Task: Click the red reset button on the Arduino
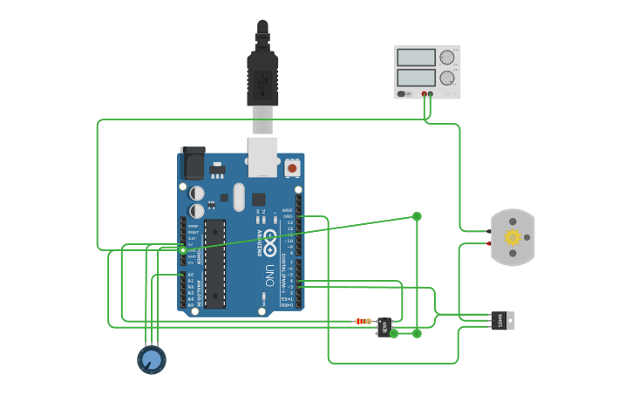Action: tap(292, 167)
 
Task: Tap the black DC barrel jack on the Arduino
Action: tap(192, 163)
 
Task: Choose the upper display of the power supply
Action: tap(416, 58)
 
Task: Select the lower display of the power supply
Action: tap(416, 77)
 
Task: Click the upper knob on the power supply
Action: tap(447, 58)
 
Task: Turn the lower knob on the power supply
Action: tap(447, 77)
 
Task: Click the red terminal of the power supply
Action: tap(425, 93)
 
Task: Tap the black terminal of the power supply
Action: tap(431, 93)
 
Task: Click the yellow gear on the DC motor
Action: tap(513, 237)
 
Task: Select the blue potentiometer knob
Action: tap(152, 359)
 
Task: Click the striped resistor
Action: tap(364, 321)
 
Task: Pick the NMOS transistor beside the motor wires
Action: tap(501, 320)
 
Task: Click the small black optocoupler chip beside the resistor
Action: tap(384, 327)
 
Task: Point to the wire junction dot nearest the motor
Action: tap(417, 216)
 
